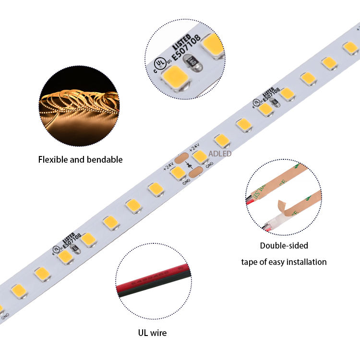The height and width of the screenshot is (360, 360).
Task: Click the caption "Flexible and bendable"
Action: click(x=80, y=159)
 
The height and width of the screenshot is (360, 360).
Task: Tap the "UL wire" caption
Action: click(x=153, y=332)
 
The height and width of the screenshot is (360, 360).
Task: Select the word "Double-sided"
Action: click(x=284, y=246)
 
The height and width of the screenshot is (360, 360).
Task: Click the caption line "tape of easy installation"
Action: click(x=284, y=262)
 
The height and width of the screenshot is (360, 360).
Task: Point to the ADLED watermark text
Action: click(x=220, y=154)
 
